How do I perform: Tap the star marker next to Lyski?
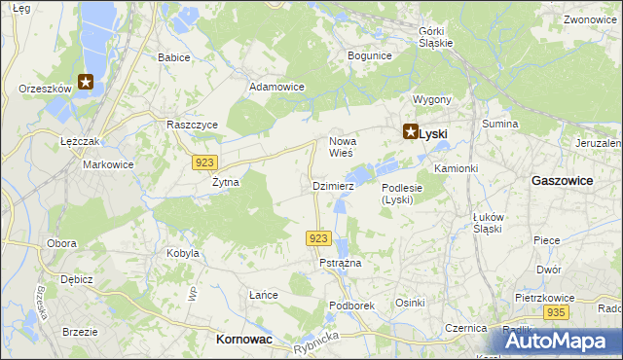411,134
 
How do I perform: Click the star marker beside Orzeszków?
87,83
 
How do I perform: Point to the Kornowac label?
242,340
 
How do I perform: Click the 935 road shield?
556,311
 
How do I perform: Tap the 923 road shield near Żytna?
203,162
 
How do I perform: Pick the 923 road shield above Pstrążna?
322,238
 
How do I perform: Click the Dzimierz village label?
332,185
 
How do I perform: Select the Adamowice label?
277,87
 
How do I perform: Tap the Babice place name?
173,57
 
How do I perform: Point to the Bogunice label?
369,55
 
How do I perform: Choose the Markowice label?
107,164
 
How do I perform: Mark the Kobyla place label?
183,253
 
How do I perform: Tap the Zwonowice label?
590,19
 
